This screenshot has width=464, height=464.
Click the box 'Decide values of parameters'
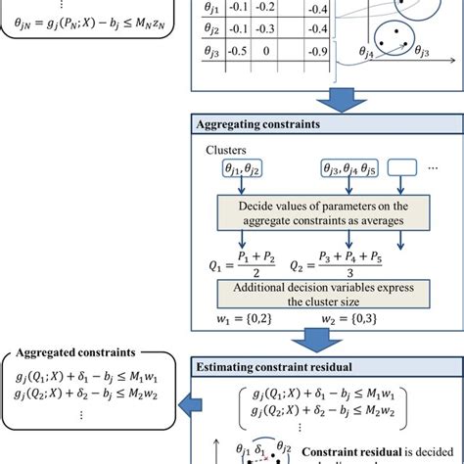pos(323,212)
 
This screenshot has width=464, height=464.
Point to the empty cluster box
pos(412,173)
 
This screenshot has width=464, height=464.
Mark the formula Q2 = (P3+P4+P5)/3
pos(352,263)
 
